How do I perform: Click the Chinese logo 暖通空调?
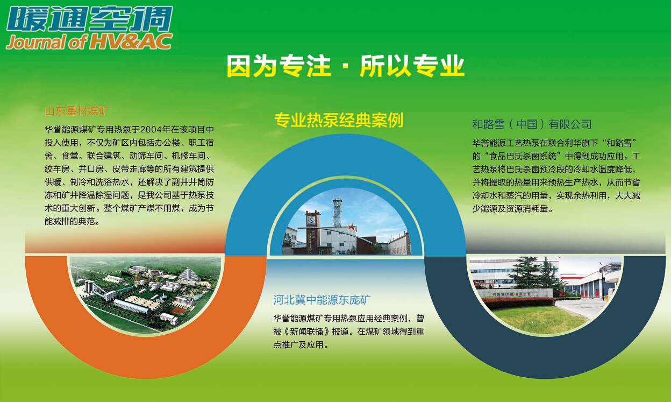pos(90,19)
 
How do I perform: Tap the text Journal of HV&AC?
pos(89,41)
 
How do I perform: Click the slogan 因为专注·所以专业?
pos(345,66)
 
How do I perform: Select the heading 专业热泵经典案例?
pos(339,120)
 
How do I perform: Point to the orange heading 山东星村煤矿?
pos(77,111)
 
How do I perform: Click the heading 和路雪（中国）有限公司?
pos(532,124)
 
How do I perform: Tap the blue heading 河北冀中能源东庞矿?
pos(322,299)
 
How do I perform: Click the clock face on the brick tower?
pos(311,220)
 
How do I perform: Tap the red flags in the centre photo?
pos(352,228)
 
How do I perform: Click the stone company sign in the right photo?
pos(515,293)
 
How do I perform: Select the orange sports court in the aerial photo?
pos(178,311)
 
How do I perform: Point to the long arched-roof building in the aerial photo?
pos(132,306)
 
